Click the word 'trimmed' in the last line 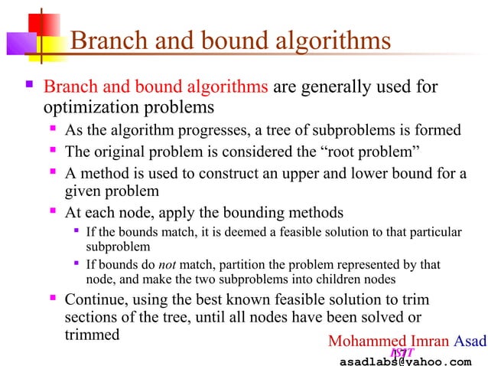91,335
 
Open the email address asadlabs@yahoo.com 405,360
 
